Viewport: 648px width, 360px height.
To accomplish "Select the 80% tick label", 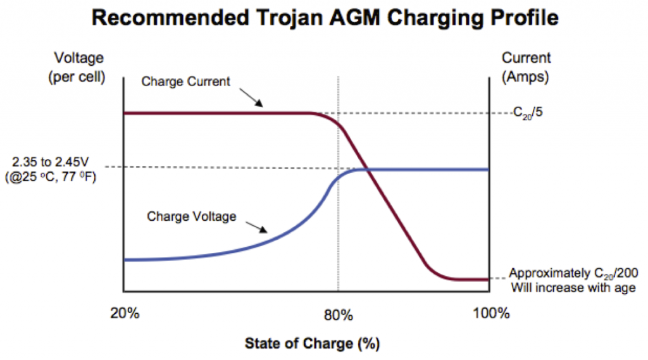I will [x=339, y=314].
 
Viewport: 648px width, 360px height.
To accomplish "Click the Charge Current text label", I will [x=179, y=82].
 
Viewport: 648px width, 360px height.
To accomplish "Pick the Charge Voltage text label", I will [x=192, y=216].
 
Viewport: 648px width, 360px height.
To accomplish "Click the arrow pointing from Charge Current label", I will [x=254, y=99].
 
